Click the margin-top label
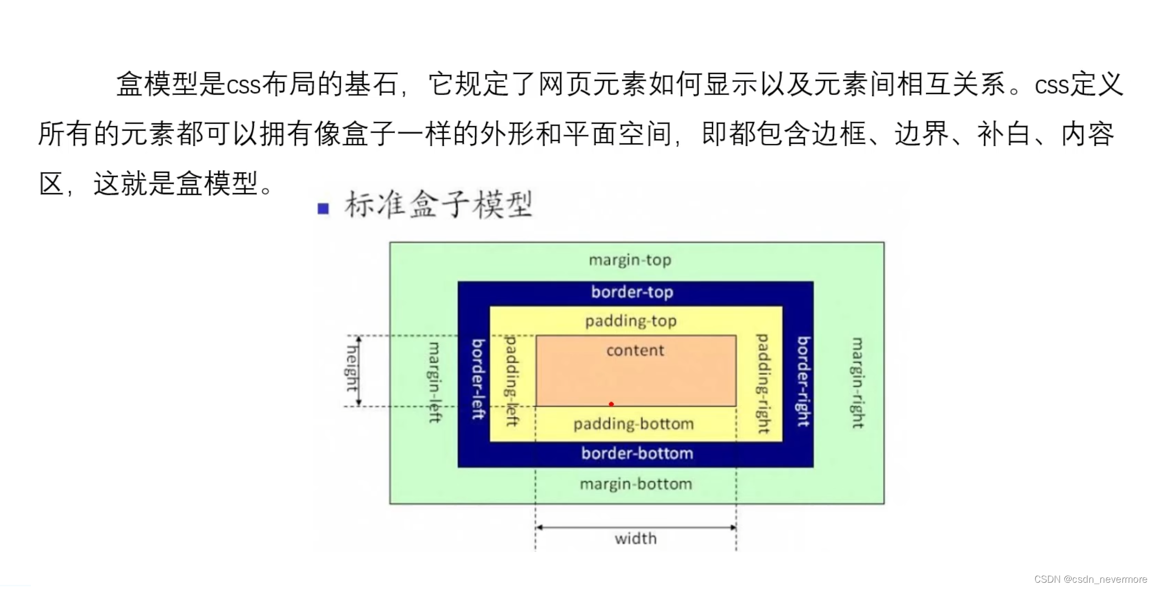point(630,260)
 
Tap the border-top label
point(632,292)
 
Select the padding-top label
point(631,321)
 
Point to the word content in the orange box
point(635,350)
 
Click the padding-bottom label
point(634,424)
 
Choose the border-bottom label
point(637,453)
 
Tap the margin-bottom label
point(636,483)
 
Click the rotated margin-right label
point(857,383)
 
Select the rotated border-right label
point(804,381)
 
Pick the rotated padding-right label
point(763,384)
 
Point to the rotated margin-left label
point(435,382)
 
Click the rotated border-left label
point(478,379)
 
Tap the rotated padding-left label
point(511,381)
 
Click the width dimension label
point(636,539)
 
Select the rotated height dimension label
point(352,369)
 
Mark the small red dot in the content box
point(611,404)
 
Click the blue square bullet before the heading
point(323,209)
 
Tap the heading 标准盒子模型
point(439,204)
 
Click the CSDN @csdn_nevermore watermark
point(1090,579)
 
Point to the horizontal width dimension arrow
point(636,527)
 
